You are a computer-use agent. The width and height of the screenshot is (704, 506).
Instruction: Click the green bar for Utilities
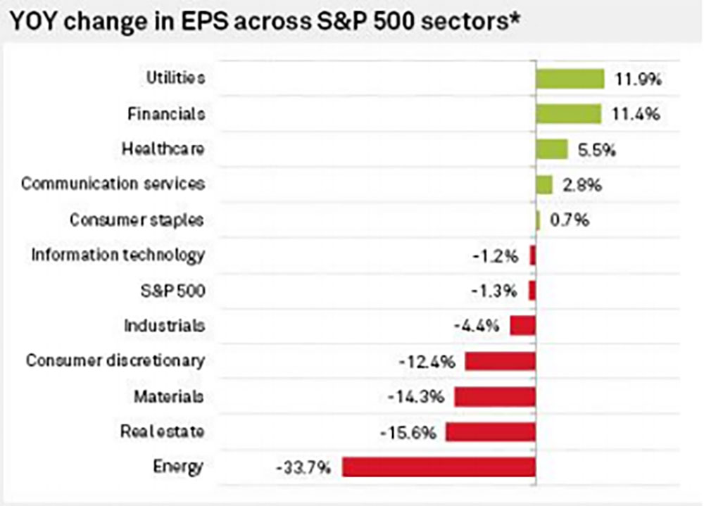click(570, 78)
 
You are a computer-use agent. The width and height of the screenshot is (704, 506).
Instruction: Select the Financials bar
click(568, 114)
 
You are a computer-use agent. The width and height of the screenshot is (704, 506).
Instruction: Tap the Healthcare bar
click(552, 149)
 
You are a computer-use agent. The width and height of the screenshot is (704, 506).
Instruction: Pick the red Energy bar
click(439, 467)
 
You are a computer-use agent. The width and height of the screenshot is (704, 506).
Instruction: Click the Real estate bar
click(491, 431)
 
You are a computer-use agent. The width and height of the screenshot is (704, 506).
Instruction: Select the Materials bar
click(495, 396)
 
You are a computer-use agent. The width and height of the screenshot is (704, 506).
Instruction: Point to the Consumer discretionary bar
click(500, 361)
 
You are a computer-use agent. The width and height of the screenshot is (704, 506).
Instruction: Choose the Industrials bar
click(523, 325)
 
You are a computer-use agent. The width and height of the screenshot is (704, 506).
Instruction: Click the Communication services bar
click(544, 184)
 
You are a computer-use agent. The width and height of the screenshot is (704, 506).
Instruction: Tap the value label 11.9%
click(636, 79)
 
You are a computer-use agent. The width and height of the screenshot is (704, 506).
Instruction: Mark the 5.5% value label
click(598, 149)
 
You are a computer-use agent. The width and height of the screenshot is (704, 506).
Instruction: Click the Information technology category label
click(118, 255)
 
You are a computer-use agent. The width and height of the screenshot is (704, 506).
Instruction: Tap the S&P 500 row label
click(172, 290)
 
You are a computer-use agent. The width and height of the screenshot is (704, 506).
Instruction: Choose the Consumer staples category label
click(137, 220)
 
